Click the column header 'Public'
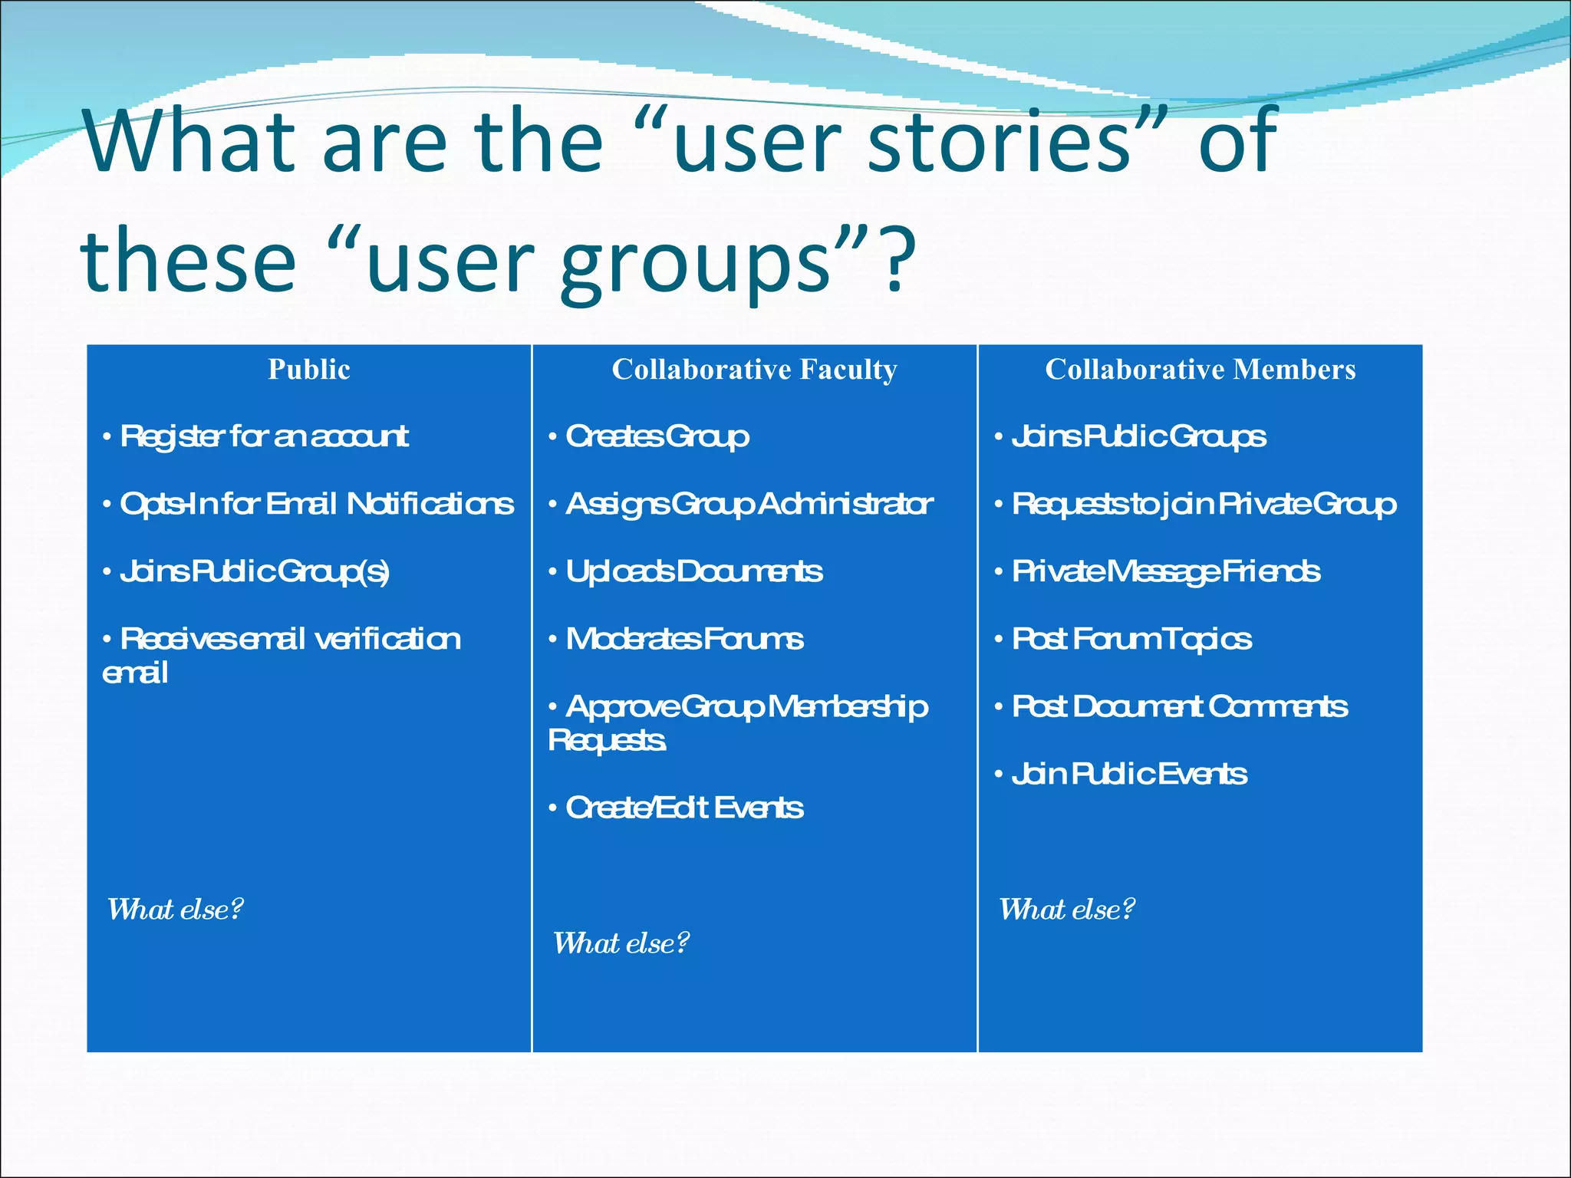pyautogui.click(x=309, y=370)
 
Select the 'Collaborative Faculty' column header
pyautogui.click(x=754, y=370)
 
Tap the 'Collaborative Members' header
pyautogui.click(x=1200, y=370)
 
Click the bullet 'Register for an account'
pyautogui.click(x=264, y=436)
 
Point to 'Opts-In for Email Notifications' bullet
pyautogui.click(x=316, y=504)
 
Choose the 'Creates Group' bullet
pyautogui.click(x=657, y=436)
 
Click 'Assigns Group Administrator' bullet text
pyautogui.click(x=749, y=504)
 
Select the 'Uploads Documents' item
pyautogui.click(x=693, y=571)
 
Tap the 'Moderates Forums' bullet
pyautogui.click(x=684, y=639)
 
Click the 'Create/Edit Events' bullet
pyautogui.click(x=684, y=808)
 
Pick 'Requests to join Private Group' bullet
pyautogui.click(x=1203, y=504)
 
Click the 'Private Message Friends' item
pyautogui.click(x=1165, y=571)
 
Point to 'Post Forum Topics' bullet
pyautogui.click(x=1131, y=639)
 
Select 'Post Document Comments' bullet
pyautogui.click(x=1179, y=706)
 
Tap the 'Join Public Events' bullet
pyautogui.click(x=1128, y=774)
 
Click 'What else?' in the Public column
pyautogui.click(x=175, y=910)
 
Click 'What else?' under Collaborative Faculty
pyautogui.click(x=621, y=943)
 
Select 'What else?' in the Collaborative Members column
pyautogui.click(x=1066, y=910)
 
